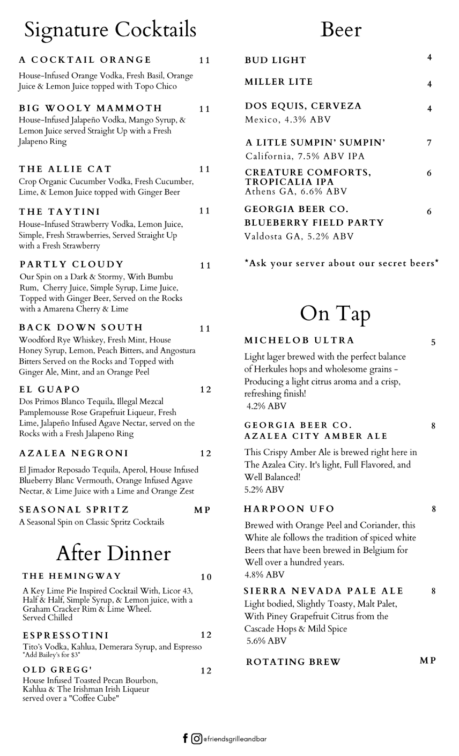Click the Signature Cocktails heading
(x=110, y=30)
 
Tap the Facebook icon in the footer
(x=186, y=738)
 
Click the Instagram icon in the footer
(x=197, y=738)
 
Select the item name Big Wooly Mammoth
(x=90, y=108)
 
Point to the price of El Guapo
(x=205, y=390)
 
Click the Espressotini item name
(x=65, y=635)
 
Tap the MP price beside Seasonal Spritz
(x=202, y=510)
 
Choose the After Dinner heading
(x=113, y=553)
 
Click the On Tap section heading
(x=335, y=314)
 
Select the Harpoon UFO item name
(x=289, y=509)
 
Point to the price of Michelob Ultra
(x=433, y=343)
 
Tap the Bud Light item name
(x=275, y=60)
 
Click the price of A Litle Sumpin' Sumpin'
(x=429, y=143)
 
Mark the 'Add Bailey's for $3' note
(x=51, y=655)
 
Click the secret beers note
(x=341, y=263)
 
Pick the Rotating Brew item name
(x=293, y=662)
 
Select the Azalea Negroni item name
(x=73, y=454)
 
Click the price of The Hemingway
(x=206, y=577)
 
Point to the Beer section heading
(x=340, y=30)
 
